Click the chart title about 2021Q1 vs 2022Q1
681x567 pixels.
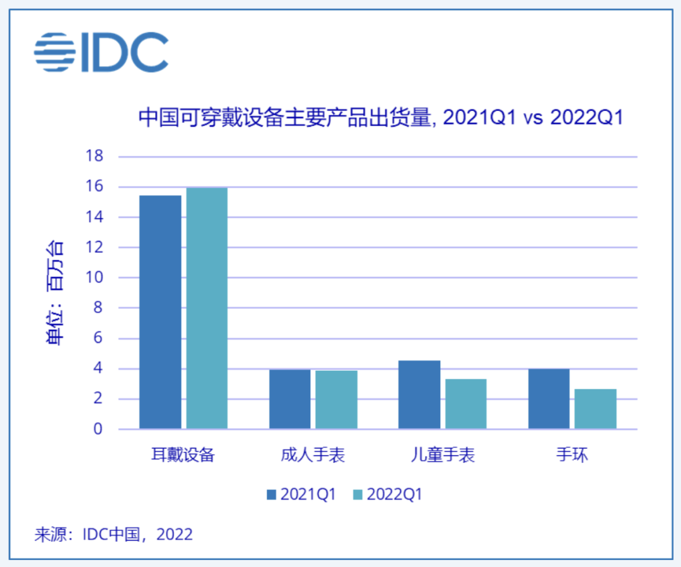click(x=380, y=117)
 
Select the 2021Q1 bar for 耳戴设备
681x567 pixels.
click(x=160, y=312)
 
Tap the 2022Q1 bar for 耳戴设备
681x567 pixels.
click(x=207, y=308)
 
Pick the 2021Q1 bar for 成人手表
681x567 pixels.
click(x=290, y=399)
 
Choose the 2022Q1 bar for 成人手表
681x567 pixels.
click(x=337, y=400)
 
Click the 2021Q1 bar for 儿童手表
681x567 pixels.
click(x=419, y=395)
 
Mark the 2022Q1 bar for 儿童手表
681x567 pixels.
click(x=466, y=404)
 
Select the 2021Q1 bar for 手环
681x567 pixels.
click(x=549, y=399)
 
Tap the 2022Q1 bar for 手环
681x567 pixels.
click(x=595, y=409)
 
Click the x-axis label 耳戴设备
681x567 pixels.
click(x=183, y=455)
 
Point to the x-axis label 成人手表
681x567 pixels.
click(x=313, y=455)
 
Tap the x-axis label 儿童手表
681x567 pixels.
click(x=443, y=455)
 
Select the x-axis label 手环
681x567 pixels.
click(x=572, y=455)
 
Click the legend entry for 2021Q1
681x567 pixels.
click(x=301, y=494)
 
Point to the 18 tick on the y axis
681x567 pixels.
click(x=93, y=156)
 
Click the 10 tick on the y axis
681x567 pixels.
click(x=93, y=278)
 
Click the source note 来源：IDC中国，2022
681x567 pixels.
click(x=113, y=535)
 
